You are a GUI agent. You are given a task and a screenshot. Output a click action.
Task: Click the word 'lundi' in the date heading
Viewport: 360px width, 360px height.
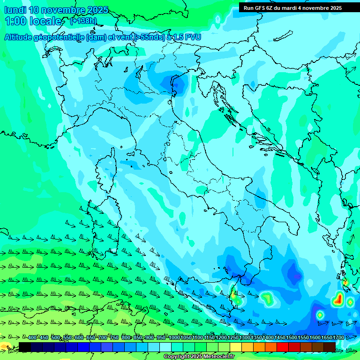15,10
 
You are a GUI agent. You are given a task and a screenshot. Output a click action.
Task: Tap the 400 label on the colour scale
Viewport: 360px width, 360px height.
32,338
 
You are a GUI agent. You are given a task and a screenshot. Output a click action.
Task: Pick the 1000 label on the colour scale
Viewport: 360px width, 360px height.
174,338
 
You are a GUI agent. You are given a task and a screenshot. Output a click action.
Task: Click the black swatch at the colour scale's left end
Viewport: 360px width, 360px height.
25,347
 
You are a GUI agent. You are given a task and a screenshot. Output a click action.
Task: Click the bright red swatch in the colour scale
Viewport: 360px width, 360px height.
283,347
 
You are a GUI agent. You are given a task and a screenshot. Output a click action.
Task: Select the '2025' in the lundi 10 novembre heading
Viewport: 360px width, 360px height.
97,10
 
